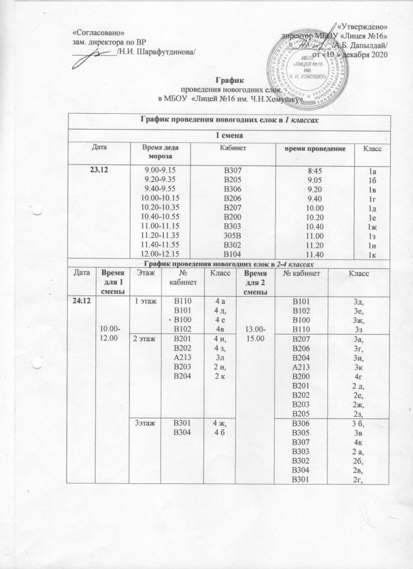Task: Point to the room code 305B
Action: (x=233, y=235)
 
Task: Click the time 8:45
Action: (x=315, y=169)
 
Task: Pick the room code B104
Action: (x=233, y=254)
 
